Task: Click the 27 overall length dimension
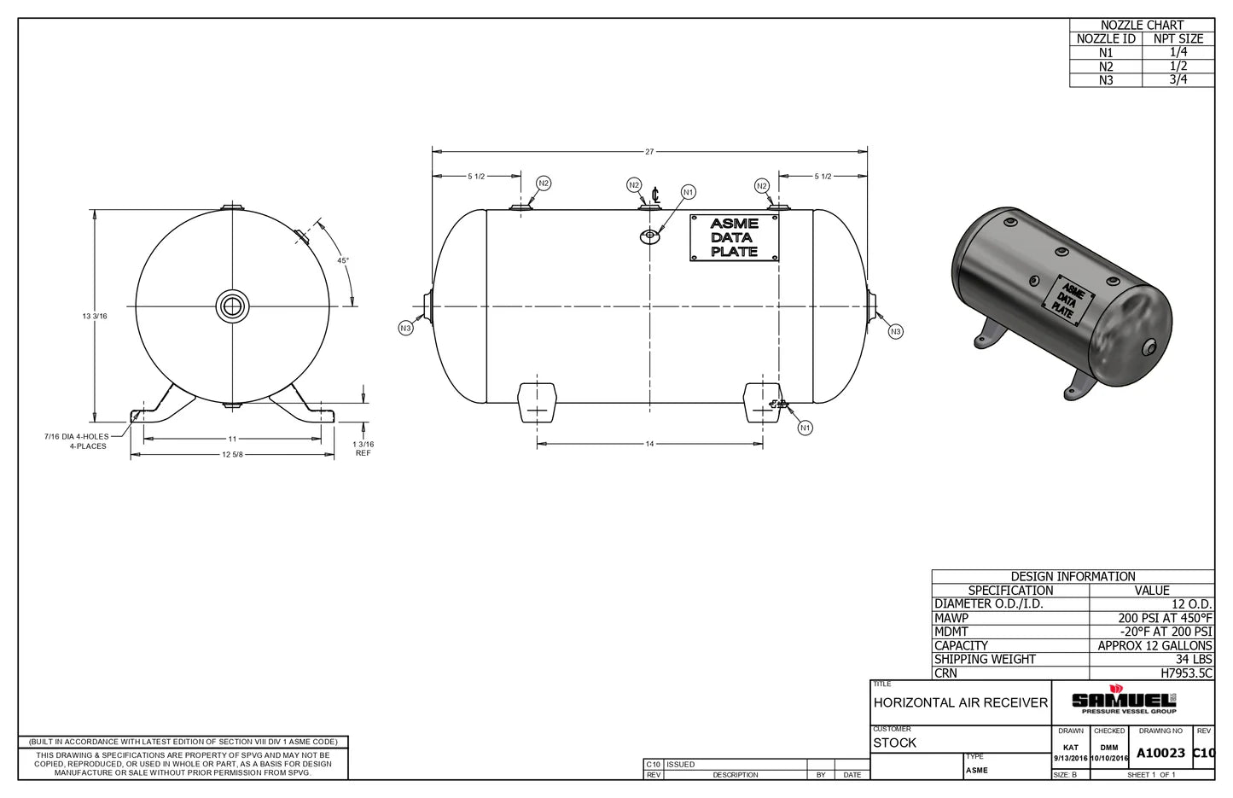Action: tap(649, 152)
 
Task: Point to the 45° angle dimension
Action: tap(342, 260)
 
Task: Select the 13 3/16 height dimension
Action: tap(95, 317)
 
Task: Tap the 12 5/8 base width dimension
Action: tap(232, 455)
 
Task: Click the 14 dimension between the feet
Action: tap(649, 444)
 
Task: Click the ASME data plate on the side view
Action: tap(734, 237)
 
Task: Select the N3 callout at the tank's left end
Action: tap(406, 329)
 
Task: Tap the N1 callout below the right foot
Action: tap(805, 428)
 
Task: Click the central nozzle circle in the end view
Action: tap(232, 306)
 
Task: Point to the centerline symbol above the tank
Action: tap(654, 195)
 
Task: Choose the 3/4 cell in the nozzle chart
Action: tap(1178, 79)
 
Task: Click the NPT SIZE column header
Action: tap(1178, 38)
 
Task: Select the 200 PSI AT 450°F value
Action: tap(1165, 618)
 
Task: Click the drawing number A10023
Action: tap(1160, 753)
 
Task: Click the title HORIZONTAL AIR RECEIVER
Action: tap(960, 702)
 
